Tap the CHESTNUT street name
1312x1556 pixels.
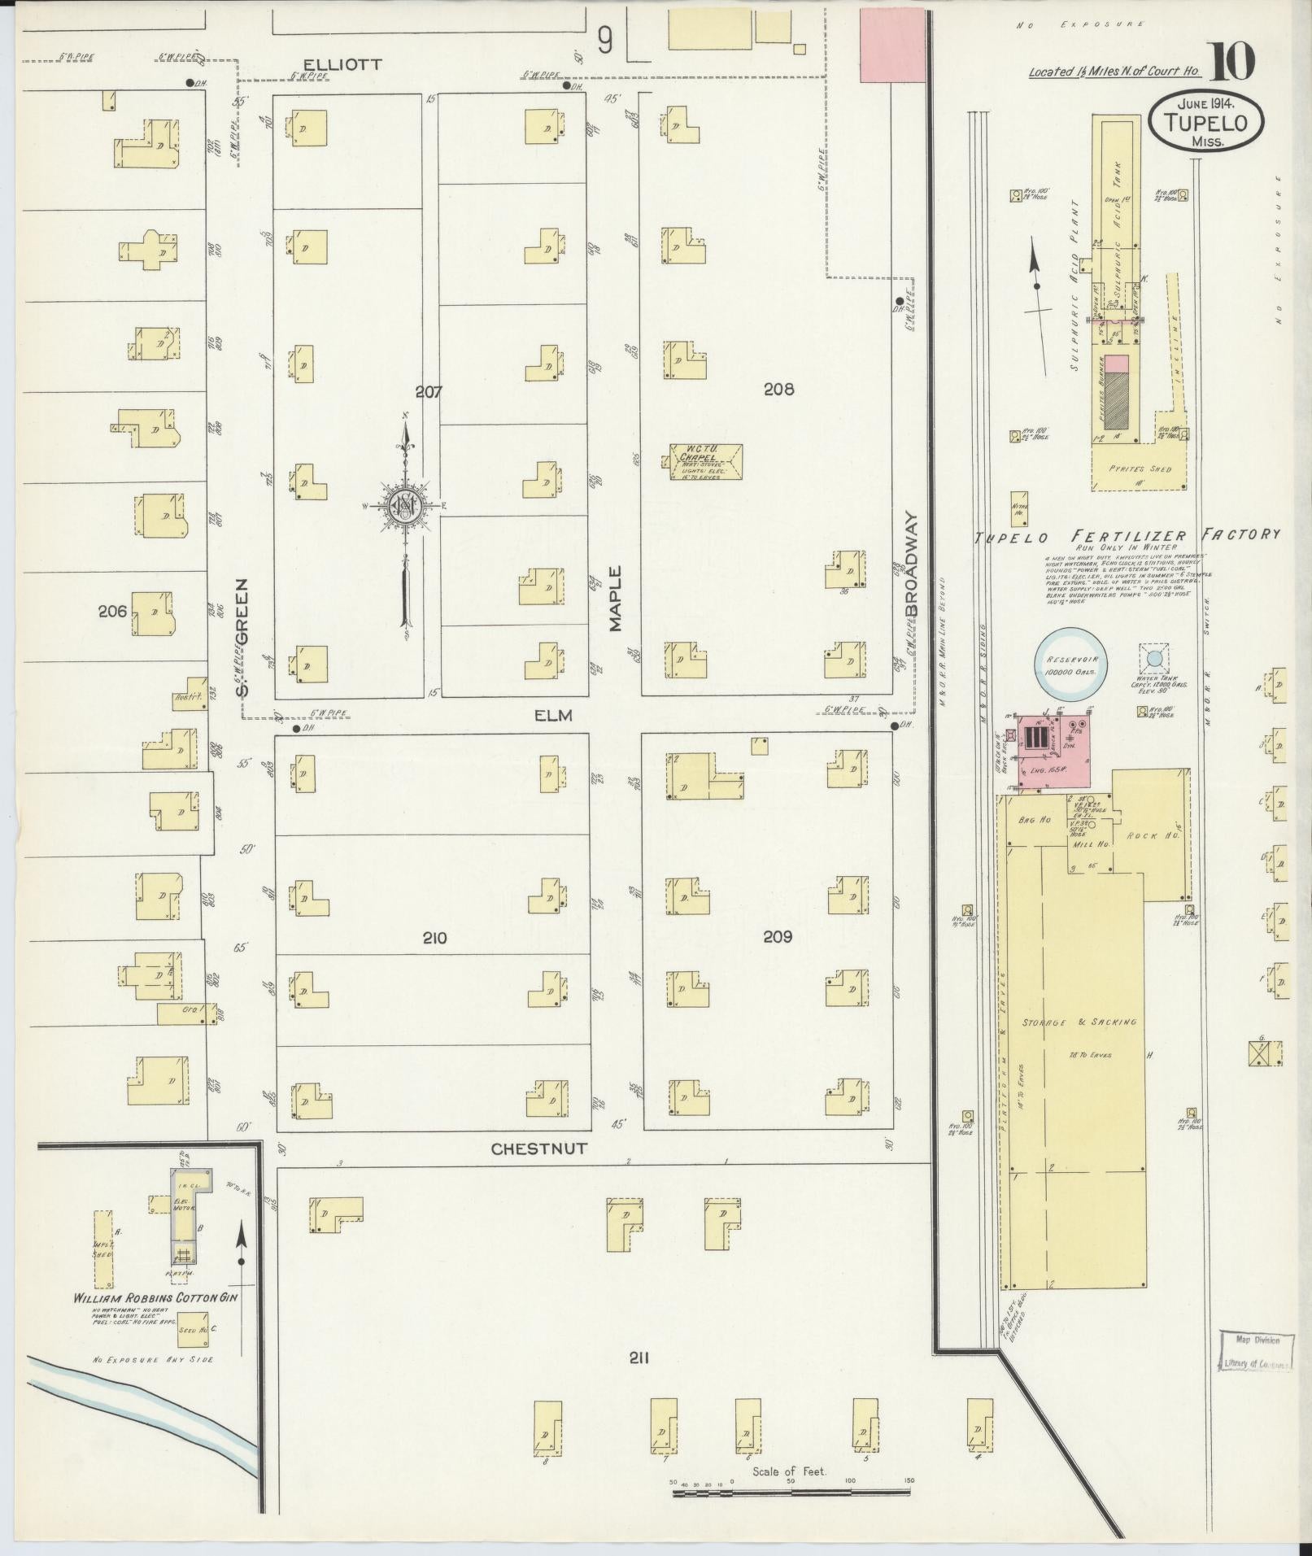[x=538, y=1148]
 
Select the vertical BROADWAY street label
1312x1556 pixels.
[x=912, y=563]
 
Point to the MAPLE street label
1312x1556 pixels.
[x=615, y=599]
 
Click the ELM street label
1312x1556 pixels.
[x=554, y=716]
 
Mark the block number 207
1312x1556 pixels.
[x=428, y=392]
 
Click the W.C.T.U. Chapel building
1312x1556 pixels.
[x=705, y=462]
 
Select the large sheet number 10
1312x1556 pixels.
[x=1231, y=63]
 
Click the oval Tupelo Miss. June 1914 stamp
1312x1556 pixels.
[x=1206, y=121]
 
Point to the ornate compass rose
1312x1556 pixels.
[x=405, y=507]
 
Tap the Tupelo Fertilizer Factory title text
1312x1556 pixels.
[x=1127, y=535]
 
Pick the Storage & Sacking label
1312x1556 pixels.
[x=1079, y=1022]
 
